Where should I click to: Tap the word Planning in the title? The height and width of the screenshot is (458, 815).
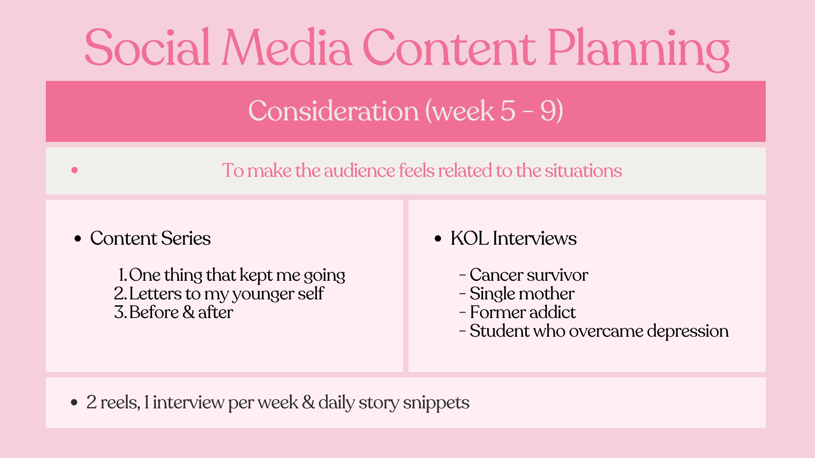pyautogui.click(x=638, y=49)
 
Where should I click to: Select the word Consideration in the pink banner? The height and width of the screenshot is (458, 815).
pyautogui.click(x=334, y=111)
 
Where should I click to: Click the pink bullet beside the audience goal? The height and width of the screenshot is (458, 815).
pyautogui.click(x=75, y=170)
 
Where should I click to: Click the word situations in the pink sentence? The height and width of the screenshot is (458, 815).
pyautogui.click(x=583, y=170)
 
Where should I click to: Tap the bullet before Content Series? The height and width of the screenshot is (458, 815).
pyautogui.click(x=78, y=239)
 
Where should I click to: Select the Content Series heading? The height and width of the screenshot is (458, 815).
pyautogui.click(x=150, y=238)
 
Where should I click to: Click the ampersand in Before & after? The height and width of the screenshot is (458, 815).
pyautogui.click(x=188, y=313)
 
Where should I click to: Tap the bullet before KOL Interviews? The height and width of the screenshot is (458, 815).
pyautogui.click(x=438, y=239)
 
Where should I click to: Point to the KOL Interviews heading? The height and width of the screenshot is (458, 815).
pyautogui.click(x=514, y=238)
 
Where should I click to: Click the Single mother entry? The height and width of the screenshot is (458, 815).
pyautogui.click(x=522, y=294)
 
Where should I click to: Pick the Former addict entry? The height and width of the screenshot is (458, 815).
pyautogui.click(x=523, y=313)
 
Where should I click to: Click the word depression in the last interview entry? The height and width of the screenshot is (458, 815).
pyautogui.click(x=688, y=331)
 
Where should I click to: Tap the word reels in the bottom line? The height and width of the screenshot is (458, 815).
pyautogui.click(x=120, y=402)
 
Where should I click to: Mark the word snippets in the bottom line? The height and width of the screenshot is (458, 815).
pyautogui.click(x=436, y=403)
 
